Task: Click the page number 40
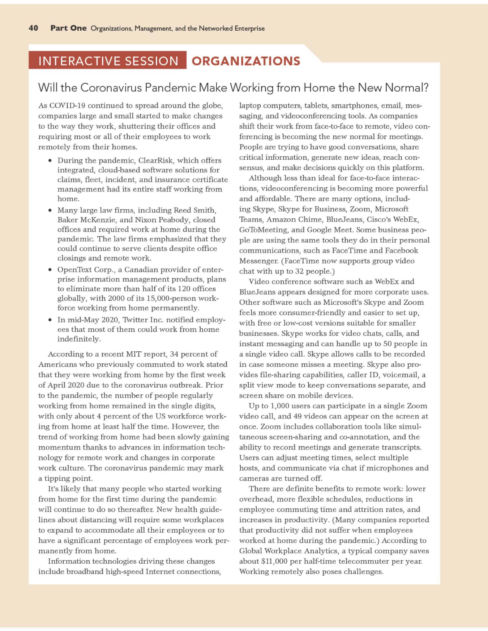(x=33, y=28)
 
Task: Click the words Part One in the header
(x=69, y=28)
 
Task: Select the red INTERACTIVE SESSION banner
(x=108, y=61)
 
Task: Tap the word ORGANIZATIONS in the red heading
(x=246, y=61)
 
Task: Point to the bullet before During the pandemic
(x=51, y=161)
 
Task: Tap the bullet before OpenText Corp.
(x=51, y=270)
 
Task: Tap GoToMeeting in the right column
(x=263, y=230)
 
